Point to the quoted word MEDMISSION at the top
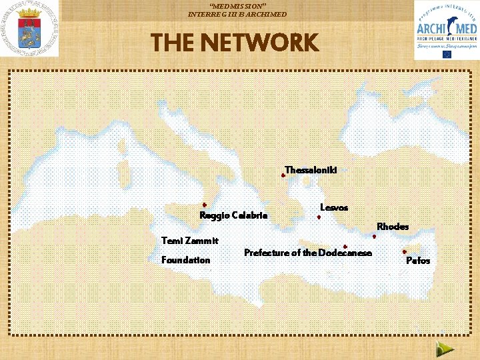238,5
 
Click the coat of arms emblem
29,29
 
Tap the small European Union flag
446,55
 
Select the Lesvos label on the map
334,208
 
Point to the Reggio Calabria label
233,215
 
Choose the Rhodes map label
393,227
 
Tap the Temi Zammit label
190,240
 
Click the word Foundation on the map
186,260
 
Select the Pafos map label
418,261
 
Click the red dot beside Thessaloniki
283,175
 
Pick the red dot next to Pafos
405,252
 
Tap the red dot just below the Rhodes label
375,236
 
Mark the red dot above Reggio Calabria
205,205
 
